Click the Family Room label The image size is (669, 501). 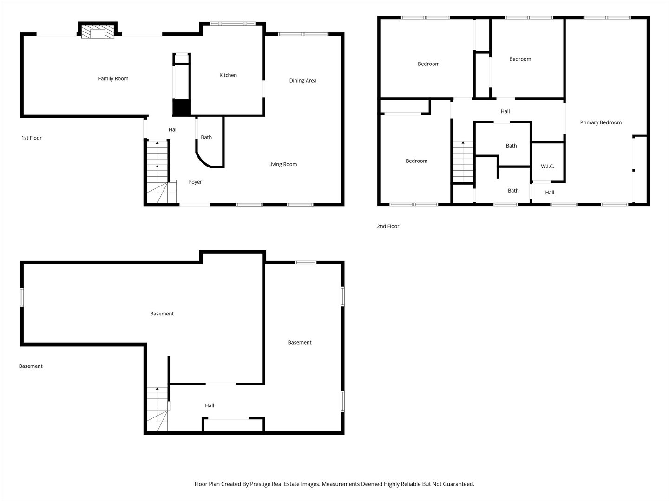tap(113, 78)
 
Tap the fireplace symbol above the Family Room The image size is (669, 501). tap(98, 32)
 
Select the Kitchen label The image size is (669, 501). tap(228, 75)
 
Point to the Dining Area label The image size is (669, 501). tap(302, 80)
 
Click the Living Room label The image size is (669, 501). tap(282, 164)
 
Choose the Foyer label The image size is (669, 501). tap(195, 182)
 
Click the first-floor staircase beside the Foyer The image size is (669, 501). tap(157, 172)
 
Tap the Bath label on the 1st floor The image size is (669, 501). tap(206, 137)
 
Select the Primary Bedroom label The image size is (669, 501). tap(600, 122)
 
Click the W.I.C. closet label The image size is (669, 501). tap(547, 166)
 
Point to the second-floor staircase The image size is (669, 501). tap(463, 162)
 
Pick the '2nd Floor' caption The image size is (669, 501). tap(388, 226)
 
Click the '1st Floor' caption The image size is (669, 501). tap(32, 138)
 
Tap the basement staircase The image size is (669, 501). tap(157, 408)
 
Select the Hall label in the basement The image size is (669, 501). tap(210, 405)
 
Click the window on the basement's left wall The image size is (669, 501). tap(22, 297)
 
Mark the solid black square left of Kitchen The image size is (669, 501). tap(182, 108)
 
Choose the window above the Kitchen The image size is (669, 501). tap(232, 24)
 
